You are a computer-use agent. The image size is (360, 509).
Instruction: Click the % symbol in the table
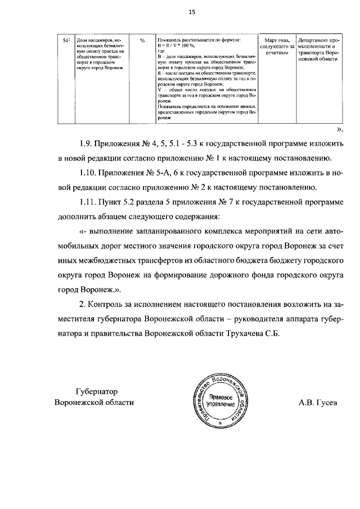click(x=142, y=41)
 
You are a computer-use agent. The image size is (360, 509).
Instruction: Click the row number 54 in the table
click(x=65, y=41)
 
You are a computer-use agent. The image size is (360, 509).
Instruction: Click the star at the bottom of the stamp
click(x=220, y=421)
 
